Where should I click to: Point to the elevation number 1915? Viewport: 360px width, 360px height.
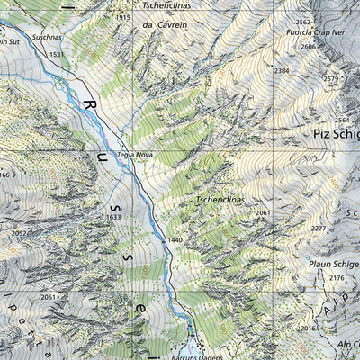[x=123, y=17]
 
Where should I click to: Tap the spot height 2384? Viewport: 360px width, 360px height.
[x=283, y=70]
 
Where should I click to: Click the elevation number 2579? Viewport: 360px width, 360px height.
[x=332, y=79]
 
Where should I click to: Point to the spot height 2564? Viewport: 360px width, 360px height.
[x=343, y=120]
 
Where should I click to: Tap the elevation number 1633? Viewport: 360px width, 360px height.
[x=113, y=217]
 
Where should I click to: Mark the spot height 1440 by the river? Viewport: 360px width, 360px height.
[x=174, y=241]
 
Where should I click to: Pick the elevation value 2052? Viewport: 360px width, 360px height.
[x=20, y=233]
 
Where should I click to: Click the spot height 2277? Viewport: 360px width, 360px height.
[x=319, y=229]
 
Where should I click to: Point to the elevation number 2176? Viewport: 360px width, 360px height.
[x=337, y=280]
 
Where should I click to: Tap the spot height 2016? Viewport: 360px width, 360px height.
[x=310, y=329]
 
